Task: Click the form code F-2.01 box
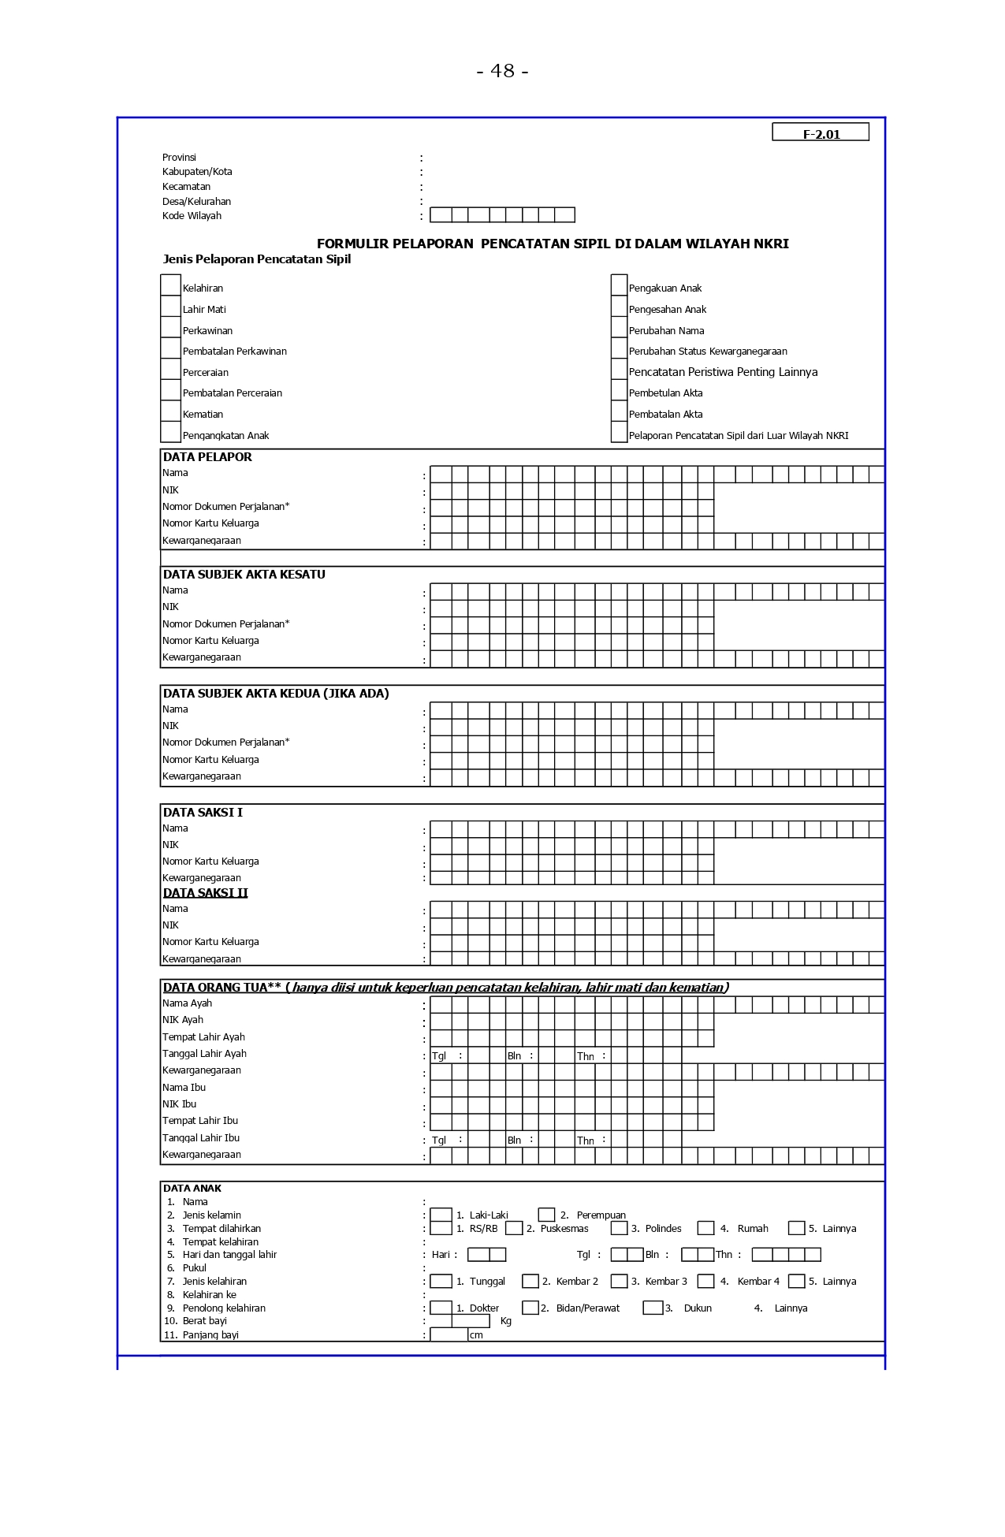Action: click(821, 132)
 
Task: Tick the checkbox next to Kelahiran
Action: click(170, 285)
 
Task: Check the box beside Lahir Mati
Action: click(170, 307)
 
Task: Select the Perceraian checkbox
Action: click(170, 370)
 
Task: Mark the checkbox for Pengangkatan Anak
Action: click(170, 433)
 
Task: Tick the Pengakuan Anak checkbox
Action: click(620, 285)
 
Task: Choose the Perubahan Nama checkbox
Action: click(620, 328)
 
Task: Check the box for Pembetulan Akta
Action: click(620, 390)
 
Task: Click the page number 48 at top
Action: click(502, 71)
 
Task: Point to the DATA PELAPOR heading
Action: click(207, 457)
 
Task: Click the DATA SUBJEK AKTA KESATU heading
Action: click(244, 575)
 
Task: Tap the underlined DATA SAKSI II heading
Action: click(205, 893)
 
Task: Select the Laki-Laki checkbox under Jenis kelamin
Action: click(441, 1215)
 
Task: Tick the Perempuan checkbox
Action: click(546, 1215)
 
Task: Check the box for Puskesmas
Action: click(514, 1228)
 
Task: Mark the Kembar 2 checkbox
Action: click(530, 1281)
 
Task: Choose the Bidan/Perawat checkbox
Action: click(530, 1308)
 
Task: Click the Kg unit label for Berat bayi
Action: click(506, 1321)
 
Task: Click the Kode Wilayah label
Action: click(192, 216)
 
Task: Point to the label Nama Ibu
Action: click(184, 1088)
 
